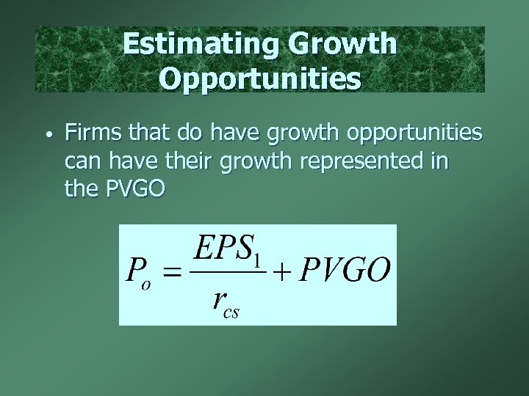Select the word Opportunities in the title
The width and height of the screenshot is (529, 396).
[259, 78]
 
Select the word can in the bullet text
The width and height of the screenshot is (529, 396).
[82, 162]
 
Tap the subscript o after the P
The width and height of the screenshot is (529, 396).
[146, 285]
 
